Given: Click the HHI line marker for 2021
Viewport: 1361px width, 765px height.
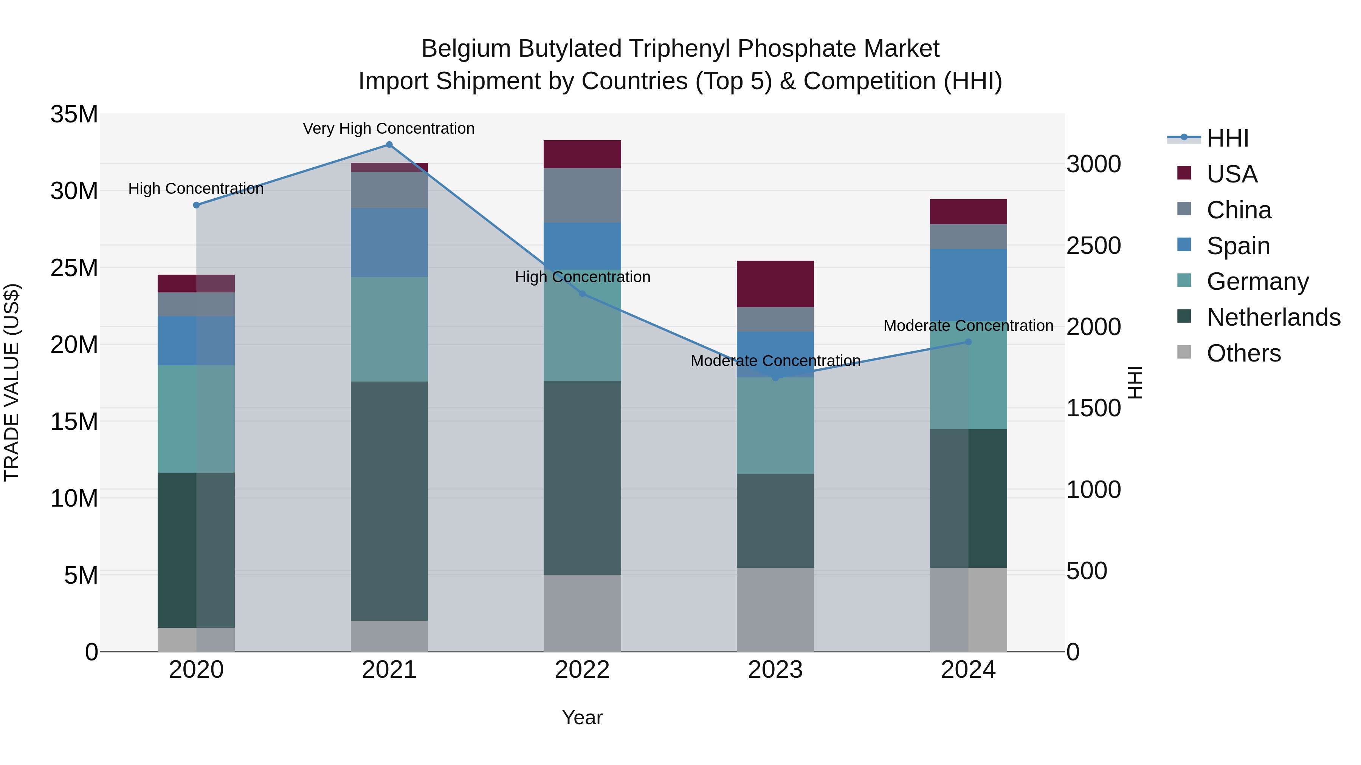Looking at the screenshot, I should (389, 145).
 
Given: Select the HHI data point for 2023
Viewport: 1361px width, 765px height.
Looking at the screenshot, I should (775, 378).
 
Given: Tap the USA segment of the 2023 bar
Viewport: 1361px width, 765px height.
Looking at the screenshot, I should (775, 284).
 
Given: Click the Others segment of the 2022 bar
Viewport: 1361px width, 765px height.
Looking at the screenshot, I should (582, 613).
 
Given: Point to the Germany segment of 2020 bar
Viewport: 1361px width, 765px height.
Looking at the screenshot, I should (196, 419).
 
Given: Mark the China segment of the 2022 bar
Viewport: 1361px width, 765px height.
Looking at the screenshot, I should (582, 195).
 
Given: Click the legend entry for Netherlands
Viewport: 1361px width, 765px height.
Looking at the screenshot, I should (1273, 317).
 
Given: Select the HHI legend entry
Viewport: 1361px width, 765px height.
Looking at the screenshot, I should (1227, 138).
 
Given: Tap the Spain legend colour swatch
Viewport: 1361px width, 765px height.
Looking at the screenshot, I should (1184, 245).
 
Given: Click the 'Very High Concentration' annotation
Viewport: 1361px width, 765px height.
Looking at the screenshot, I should (389, 128).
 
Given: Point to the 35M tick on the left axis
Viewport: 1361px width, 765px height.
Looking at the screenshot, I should (74, 114).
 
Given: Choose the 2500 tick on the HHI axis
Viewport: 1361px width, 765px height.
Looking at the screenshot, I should (1093, 246).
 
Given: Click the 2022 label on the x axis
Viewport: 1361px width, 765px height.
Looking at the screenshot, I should (582, 670).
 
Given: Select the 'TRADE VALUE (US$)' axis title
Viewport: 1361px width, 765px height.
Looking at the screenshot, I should (12, 382).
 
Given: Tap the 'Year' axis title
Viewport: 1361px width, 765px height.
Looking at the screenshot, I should (582, 717).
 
